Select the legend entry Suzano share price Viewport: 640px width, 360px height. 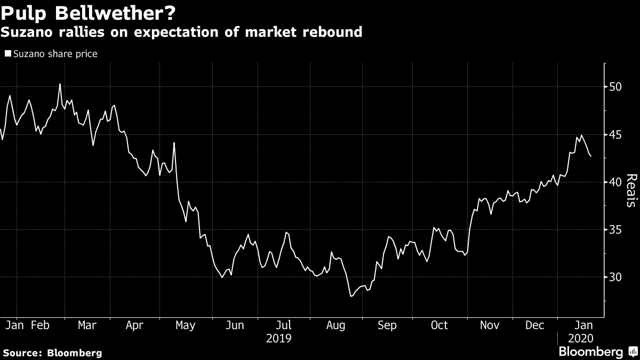click(51, 54)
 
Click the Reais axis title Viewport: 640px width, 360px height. click(630, 190)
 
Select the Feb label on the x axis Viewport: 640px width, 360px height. click(40, 325)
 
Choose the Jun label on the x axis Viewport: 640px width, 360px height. click(235, 325)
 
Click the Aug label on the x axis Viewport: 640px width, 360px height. click(337, 325)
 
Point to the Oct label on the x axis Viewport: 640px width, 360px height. click(439, 325)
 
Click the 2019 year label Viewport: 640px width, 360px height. click(279, 338)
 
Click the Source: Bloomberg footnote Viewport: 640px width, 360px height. click(52, 353)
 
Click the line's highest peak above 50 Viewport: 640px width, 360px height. click(60, 84)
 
